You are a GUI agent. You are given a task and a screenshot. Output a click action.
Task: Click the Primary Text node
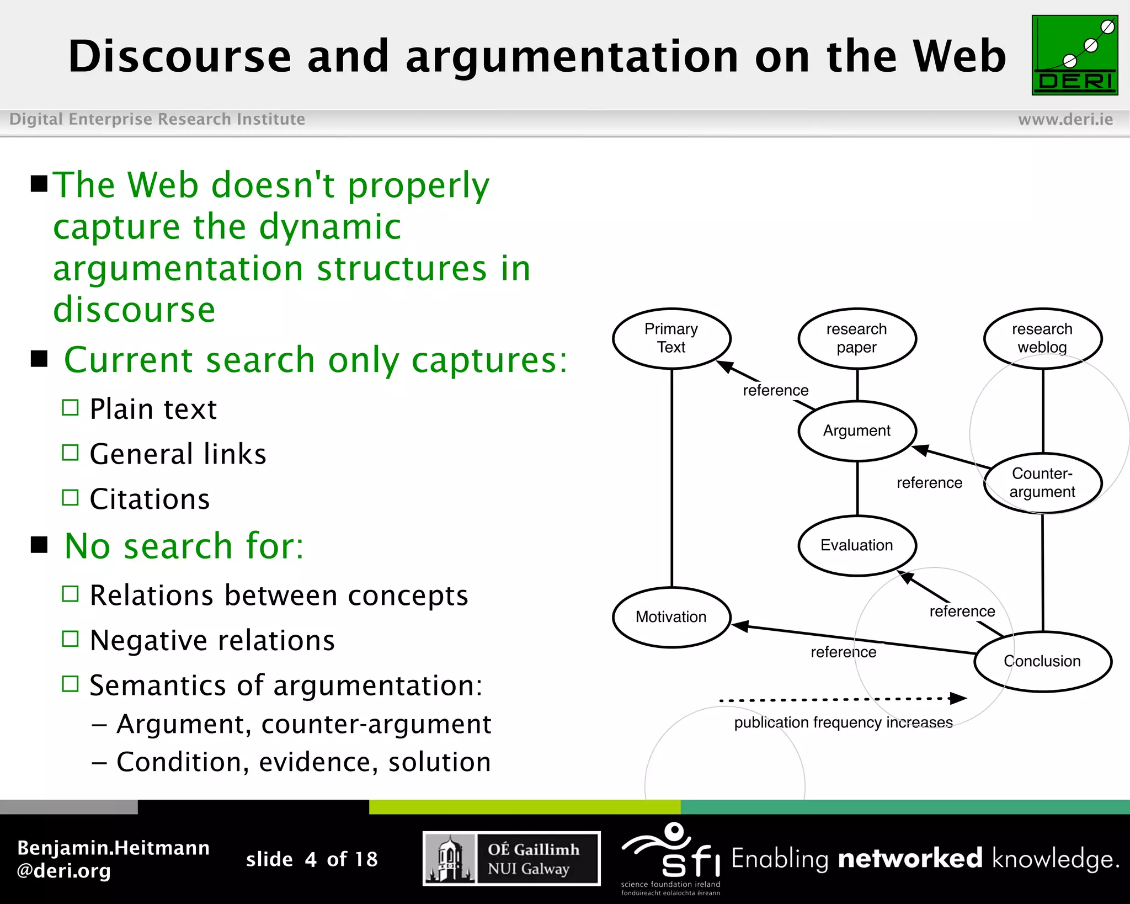[x=671, y=338]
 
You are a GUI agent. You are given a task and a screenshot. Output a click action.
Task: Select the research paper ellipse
[x=857, y=338]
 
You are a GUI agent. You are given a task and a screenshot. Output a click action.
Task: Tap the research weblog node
[x=1042, y=338]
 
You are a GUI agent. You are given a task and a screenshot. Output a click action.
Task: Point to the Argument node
[x=857, y=431]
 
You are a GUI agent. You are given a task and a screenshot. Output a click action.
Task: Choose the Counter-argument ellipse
[x=1042, y=483]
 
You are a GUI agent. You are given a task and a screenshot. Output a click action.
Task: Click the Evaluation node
[x=857, y=545]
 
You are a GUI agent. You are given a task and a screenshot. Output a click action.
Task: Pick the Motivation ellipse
[x=671, y=617]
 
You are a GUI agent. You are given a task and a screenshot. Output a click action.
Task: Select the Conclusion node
[x=1042, y=661]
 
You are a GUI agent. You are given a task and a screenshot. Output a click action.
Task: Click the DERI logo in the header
[x=1074, y=55]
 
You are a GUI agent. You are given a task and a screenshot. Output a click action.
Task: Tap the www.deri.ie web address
[x=1065, y=119]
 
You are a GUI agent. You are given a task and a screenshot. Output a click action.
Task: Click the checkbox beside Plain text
[x=70, y=408]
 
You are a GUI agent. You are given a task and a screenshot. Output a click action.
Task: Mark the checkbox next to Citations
[x=70, y=498]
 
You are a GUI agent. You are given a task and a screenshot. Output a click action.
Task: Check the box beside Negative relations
[x=70, y=639]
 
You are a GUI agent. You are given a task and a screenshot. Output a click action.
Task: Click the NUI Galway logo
[x=511, y=859]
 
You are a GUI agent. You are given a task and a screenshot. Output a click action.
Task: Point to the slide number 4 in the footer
[x=311, y=859]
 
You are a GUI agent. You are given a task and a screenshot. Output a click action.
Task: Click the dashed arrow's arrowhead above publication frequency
[x=959, y=699]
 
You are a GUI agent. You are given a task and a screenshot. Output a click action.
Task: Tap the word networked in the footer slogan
[x=910, y=859]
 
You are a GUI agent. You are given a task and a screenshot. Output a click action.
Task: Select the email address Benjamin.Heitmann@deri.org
[x=113, y=859]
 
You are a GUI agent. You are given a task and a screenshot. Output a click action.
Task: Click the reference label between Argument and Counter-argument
[x=929, y=483]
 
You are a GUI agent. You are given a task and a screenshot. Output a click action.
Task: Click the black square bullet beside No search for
[x=39, y=545]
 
